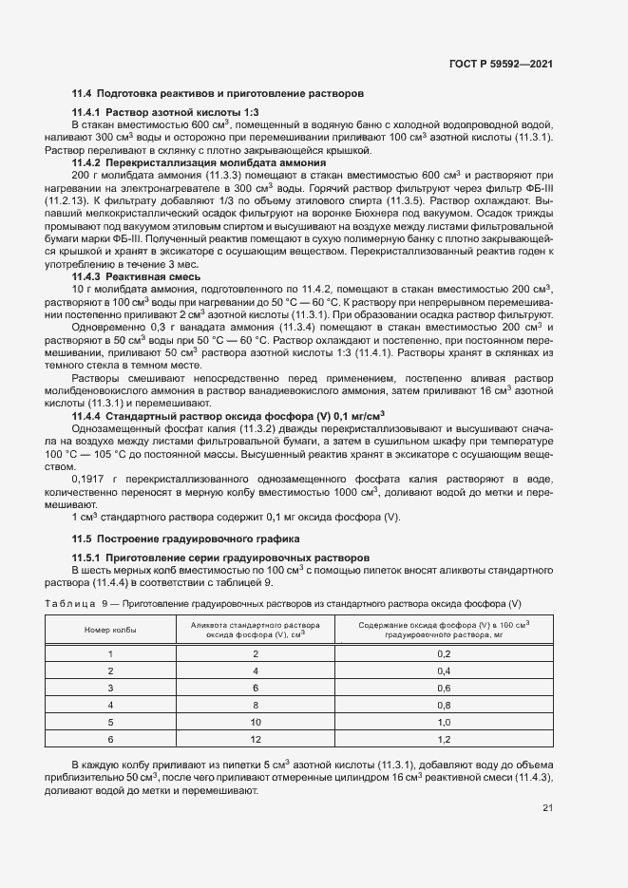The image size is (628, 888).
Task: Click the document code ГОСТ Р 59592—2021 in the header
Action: coord(501,64)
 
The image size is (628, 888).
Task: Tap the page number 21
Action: coord(547,809)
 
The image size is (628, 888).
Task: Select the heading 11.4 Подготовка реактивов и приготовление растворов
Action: coord(218,94)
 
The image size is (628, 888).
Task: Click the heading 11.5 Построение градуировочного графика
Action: coord(180,539)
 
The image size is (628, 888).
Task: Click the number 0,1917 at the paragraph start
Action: coord(92,480)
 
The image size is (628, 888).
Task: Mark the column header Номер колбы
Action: coord(110,630)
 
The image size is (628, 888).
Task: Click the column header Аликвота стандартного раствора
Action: coord(255,624)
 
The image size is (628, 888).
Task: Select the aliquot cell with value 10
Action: coord(255,721)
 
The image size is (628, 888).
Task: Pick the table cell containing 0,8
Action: coord(443,705)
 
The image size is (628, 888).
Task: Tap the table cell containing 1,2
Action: coord(443,738)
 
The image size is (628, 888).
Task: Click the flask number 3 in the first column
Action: coord(110,688)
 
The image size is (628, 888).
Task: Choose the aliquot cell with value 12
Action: coord(255,738)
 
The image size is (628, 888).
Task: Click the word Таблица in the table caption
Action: coord(69,604)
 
